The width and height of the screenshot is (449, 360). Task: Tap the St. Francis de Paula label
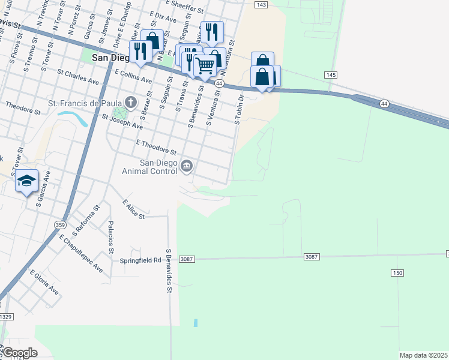[x=84, y=103]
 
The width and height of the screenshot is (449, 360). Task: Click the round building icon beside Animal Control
[x=187, y=166]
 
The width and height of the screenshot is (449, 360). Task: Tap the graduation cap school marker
[x=27, y=180]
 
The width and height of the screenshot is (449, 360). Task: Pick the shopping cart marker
[x=205, y=64]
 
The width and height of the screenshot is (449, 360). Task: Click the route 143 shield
[x=261, y=4]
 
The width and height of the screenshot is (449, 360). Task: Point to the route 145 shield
[x=331, y=74]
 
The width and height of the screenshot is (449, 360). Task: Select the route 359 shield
[x=59, y=224]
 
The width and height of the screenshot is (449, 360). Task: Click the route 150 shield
[x=397, y=273]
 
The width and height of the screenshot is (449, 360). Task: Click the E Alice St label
[x=134, y=209]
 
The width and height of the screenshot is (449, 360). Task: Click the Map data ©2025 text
[x=424, y=355]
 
